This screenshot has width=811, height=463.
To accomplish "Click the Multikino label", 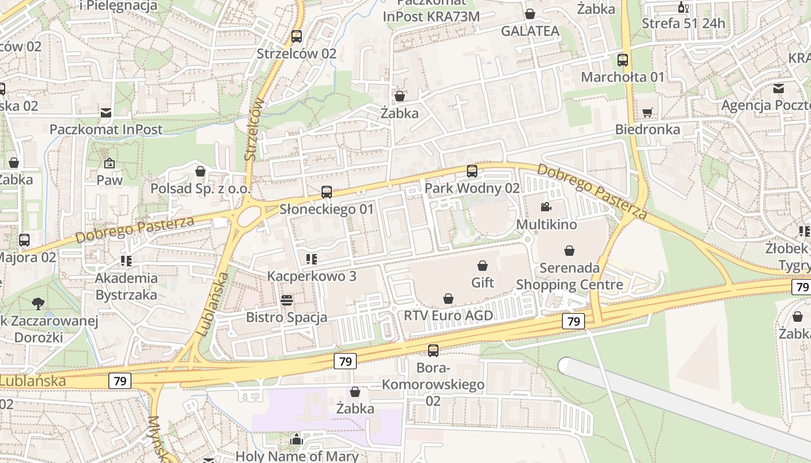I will pyautogui.click(x=546, y=224).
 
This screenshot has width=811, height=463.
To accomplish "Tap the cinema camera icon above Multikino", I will pyautogui.click(x=546, y=207).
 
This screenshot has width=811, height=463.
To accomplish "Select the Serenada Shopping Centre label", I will pyautogui.click(x=569, y=276).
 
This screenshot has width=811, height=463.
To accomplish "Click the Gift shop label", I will pyautogui.click(x=483, y=282).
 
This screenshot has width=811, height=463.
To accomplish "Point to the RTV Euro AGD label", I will pyautogui.click(x=448, y=315).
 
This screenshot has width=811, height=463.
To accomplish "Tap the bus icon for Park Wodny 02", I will pyautogui.click(x=472, y=171).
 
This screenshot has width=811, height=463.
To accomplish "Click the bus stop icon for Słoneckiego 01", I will pyautogui.click(x=327, y=192).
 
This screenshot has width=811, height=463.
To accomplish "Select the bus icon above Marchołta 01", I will pyautogui.click(x=623, y=60).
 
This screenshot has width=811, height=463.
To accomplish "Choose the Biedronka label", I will pyautogui.click(x=648, y=129).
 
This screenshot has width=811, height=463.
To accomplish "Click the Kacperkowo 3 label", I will pyautogui.click(x=312, y=276).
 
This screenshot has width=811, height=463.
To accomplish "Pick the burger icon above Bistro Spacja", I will pyautogui.click(x=287, y=300).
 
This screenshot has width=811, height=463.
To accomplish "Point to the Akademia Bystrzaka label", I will pyautogui.click(x=126, y=286).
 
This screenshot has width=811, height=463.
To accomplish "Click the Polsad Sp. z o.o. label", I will pyautogui.click(x=200, y=189).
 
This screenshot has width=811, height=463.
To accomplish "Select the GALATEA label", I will pyautogui.click(x=530, y=31).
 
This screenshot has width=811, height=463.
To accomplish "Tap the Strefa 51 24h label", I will pyautogui.click(x=684, y=24).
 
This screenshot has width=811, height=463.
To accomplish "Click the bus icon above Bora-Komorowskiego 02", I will pyautogui.click(x=433, y=350).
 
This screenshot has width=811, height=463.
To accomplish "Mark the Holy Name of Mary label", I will pyautogui.click(x=297, y=456).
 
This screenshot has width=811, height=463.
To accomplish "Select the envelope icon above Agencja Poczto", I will pyautogui.click(x=779, y=89).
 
